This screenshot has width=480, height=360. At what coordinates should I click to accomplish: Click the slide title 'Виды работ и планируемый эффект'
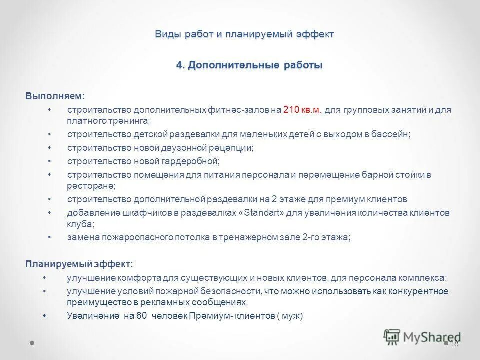(x=244, y=34)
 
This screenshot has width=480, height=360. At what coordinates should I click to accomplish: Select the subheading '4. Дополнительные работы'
(x=249, y=65)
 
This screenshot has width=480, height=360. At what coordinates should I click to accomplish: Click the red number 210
(x=291, y=110)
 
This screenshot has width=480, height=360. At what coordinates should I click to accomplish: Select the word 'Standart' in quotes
(x=265, y=213)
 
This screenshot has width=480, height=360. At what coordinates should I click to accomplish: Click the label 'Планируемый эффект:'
(x=79, y=264)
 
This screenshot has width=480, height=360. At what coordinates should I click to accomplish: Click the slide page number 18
(x=454, y=343)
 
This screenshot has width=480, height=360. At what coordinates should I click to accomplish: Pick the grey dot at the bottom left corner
(x=32, y=343)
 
